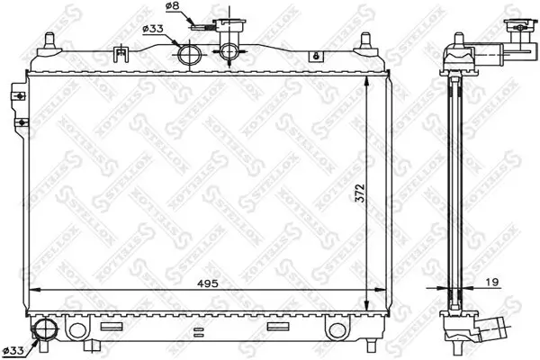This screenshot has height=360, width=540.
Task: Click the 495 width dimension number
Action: click(209, 282)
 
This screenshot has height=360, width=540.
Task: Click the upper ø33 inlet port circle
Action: click(189, 56)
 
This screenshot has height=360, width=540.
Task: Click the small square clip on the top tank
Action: click(120, 52)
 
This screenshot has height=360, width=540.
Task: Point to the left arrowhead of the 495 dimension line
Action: click(34, 290)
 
